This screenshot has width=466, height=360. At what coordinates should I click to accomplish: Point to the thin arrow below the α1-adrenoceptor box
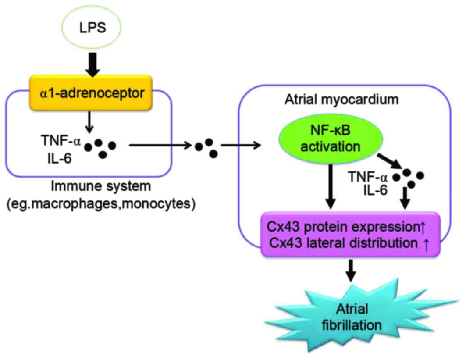[x=89, y=118]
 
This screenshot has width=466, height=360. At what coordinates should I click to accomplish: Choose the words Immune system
[x=100, y=187]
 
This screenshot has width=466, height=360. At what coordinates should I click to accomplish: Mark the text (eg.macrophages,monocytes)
[x=100, y=204]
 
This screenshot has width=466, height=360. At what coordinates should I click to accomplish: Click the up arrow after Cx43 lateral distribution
[x=427, y=243]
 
